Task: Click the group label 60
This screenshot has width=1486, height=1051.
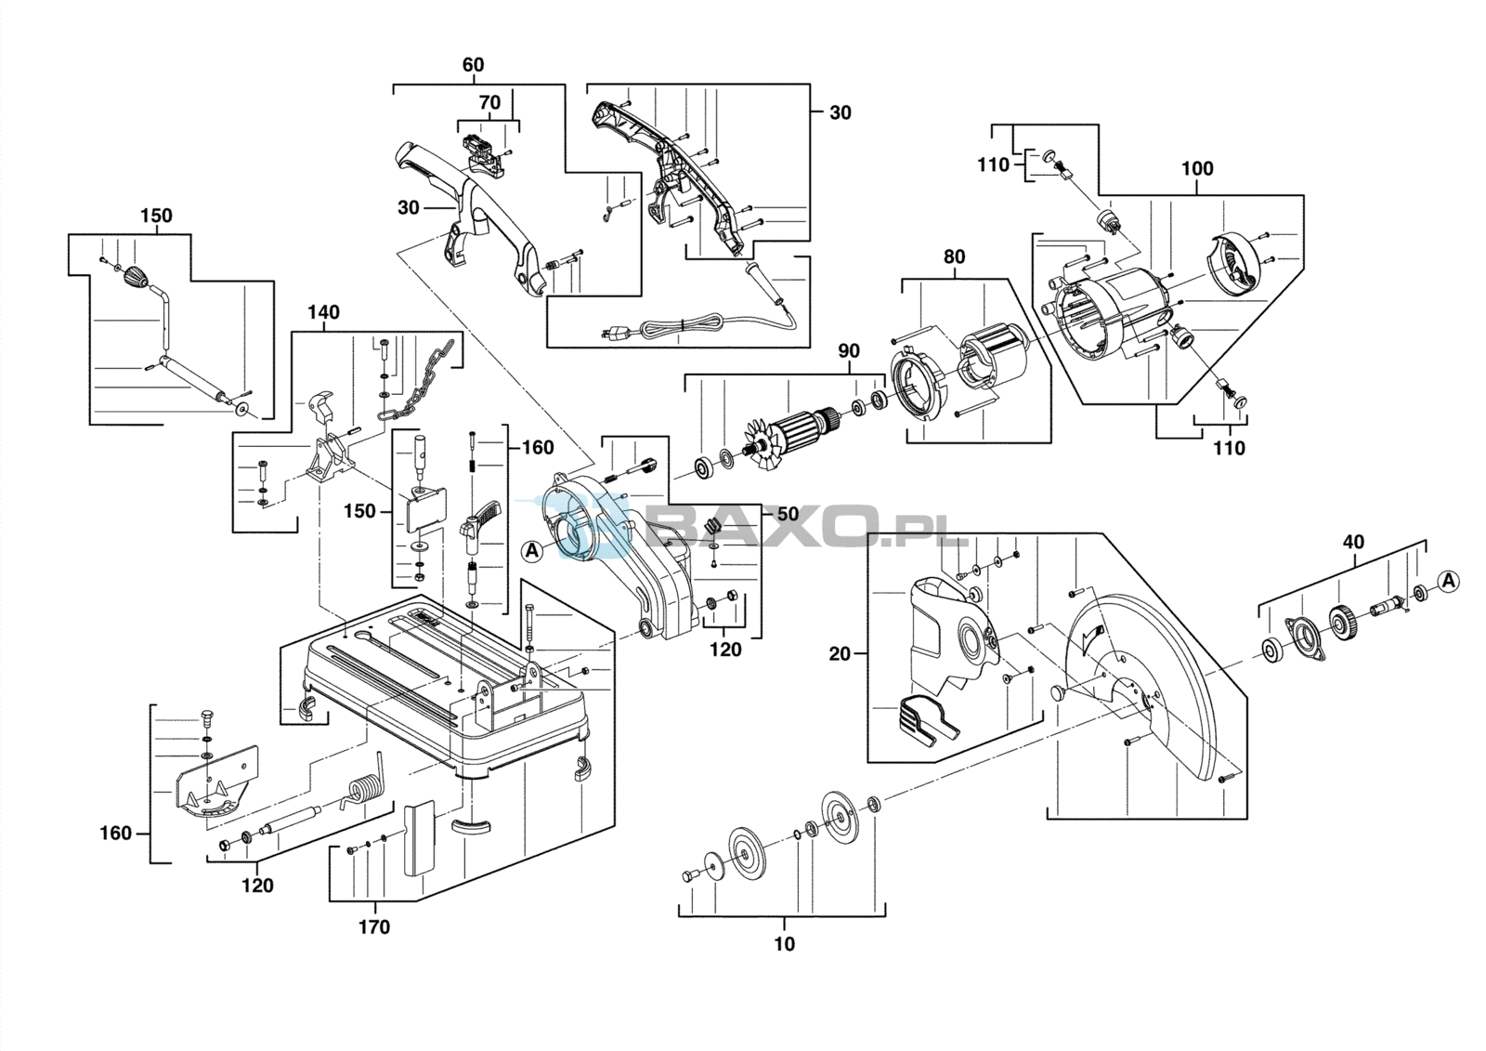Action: coord(473,65)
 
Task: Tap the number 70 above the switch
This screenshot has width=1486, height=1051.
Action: coord(489,103)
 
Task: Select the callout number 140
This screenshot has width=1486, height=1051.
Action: coord(324,312)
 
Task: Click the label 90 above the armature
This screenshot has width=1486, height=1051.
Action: coord(849,351)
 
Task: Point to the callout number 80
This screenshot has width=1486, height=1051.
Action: coord(954,256)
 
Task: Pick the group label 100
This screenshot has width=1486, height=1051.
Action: coord(1197,168)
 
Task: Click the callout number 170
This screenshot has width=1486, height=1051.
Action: coord(374,927)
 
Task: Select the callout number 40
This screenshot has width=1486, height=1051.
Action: coord(1353,543)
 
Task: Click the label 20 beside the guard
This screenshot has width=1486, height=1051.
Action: coord(840,654)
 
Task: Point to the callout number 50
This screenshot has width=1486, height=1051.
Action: coord(788,514)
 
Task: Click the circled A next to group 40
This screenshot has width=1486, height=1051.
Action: coord(1450,582)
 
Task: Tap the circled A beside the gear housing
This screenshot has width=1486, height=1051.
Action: coord(531,550)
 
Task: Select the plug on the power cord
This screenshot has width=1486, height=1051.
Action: coord(613,333)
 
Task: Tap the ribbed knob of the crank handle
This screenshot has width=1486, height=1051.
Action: coord(137,276)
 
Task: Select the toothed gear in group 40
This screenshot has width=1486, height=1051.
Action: coord(1345,623)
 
